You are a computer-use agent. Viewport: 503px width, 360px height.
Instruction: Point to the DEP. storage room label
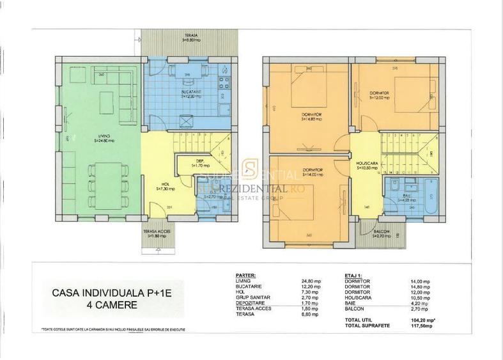pyautogui.click(x=199, y=161)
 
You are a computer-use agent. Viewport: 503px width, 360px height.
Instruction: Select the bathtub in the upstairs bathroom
pyautogui.click(x=425, y=195)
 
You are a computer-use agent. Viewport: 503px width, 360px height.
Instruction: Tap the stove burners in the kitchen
pyautogui.click(x=224, y=82)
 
